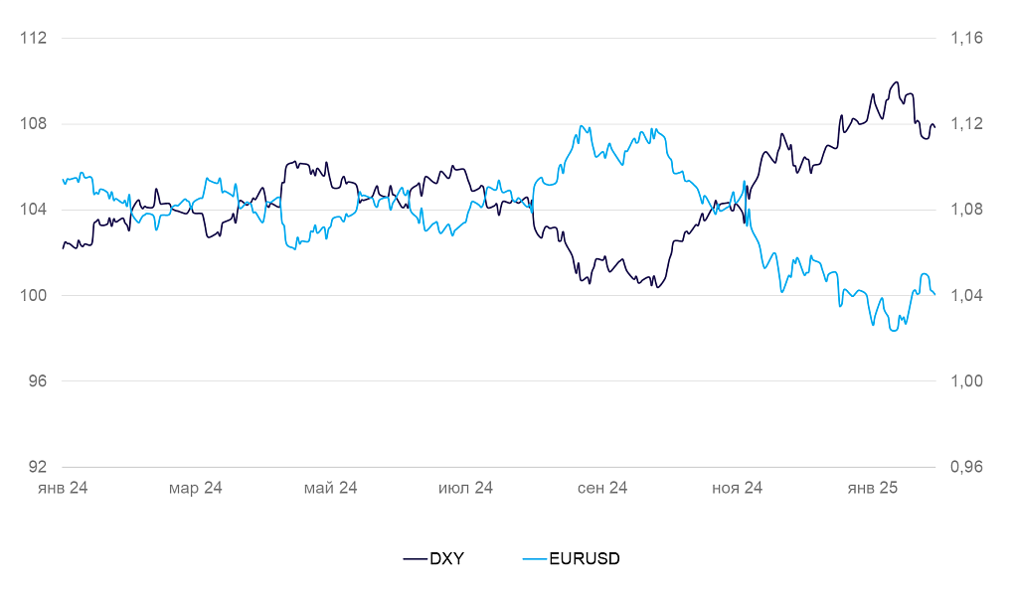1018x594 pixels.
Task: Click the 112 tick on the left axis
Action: point(34,39)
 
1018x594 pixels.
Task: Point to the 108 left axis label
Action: point(34,124)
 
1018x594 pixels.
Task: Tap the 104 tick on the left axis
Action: point(34,210)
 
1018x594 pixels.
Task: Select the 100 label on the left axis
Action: point(34,296)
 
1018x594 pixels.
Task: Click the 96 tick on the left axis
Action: point(37,381)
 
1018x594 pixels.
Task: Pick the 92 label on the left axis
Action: point(37,467)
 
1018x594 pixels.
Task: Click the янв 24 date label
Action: point(62,488)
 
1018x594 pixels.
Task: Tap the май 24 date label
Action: point(331,488)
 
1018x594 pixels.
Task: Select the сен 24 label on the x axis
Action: point(601,488)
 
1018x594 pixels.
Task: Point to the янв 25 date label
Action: point(872,488)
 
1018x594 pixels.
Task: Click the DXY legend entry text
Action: point(446,558)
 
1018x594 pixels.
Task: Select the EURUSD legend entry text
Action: point(585,558)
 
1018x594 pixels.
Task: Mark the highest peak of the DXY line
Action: point(897,82)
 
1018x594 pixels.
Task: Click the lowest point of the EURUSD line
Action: point(894,330)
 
